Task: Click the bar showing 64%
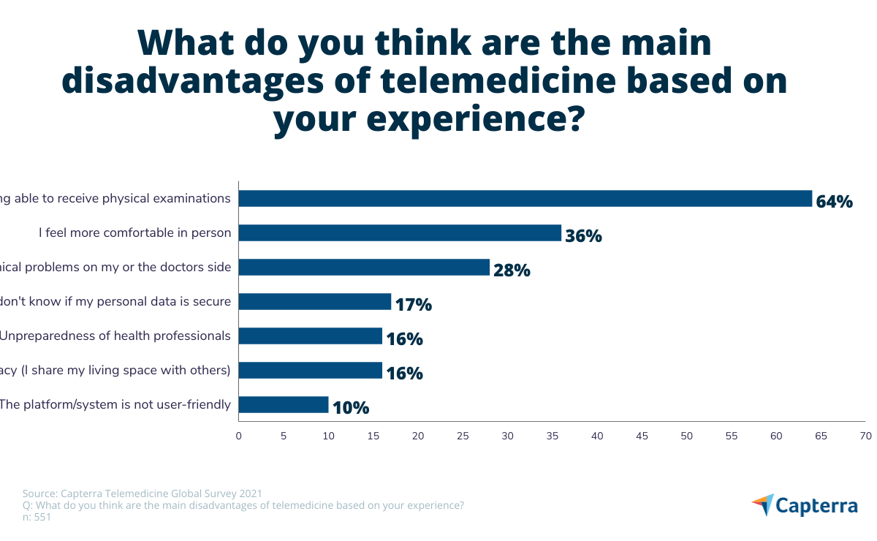coord(525,199)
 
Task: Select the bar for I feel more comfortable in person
coord(400,233)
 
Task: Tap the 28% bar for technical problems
coord(364,268)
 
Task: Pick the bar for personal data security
coord(315,301)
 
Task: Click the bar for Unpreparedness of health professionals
coord(311,336)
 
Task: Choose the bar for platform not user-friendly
coord(284,404)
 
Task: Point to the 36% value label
coord(583,236)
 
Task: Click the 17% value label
coord(413,305)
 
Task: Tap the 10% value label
coord(351,408)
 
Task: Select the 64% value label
coord(835,202)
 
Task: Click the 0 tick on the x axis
coord(239,436)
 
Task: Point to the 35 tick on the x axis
coord(553,436)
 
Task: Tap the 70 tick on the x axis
coord(865,436)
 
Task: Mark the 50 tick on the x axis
coord(687,436)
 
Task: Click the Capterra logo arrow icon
coord(762,505)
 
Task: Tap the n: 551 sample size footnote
coord(37,517)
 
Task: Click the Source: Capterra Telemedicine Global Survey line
coord(143,493)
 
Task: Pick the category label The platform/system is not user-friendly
coord(115,404)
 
